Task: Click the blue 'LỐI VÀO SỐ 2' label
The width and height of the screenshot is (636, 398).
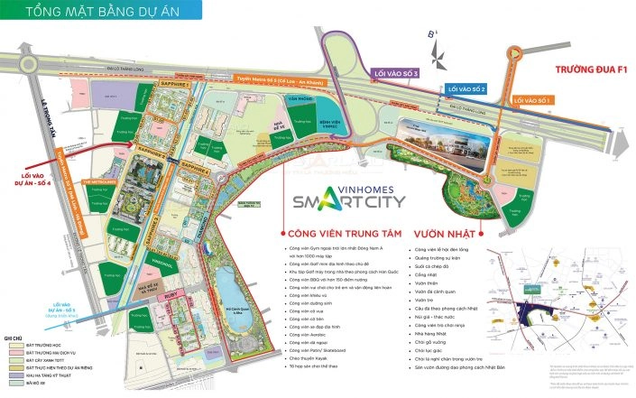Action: pyautogui.click(x=466, y=89)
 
